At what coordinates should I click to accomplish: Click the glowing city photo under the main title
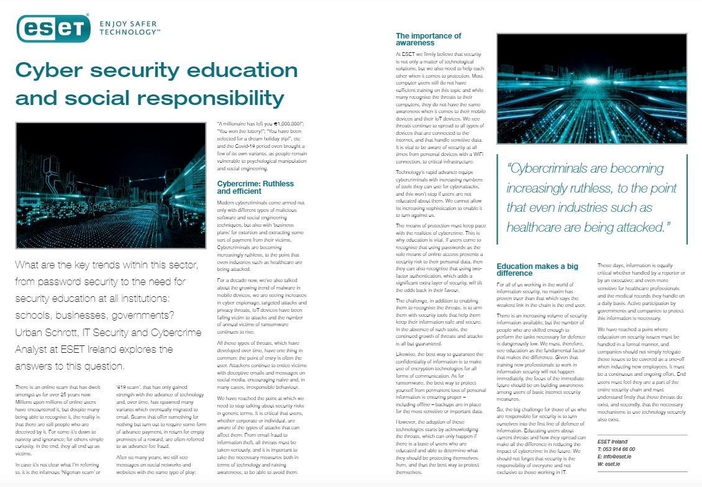111,186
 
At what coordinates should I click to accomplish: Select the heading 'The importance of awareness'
428,39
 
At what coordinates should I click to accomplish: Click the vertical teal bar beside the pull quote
687,199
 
